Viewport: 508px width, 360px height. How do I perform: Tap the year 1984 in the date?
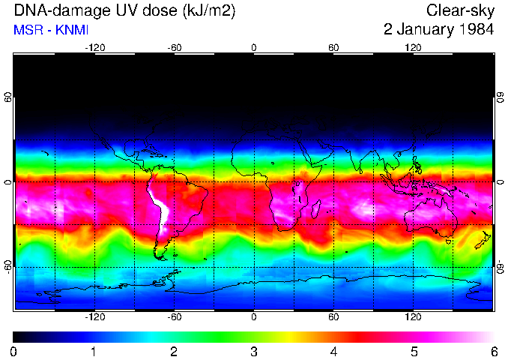pos(477,31)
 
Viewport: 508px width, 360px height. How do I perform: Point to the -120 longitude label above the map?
pos(94,47)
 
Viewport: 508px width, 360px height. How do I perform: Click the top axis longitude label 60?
pos(333,47)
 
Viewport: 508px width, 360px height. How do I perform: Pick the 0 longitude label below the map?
pos(254,317)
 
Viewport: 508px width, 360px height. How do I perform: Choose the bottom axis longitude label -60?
pos(174,317)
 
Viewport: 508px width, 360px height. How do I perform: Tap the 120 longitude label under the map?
pos(413,317)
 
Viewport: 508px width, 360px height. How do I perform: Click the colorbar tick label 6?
pos(494,351)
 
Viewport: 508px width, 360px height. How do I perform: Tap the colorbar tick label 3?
pos(254,351)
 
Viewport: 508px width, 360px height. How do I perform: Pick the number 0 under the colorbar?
pos(14,351)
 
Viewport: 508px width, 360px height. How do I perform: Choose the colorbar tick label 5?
pos(414,351)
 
